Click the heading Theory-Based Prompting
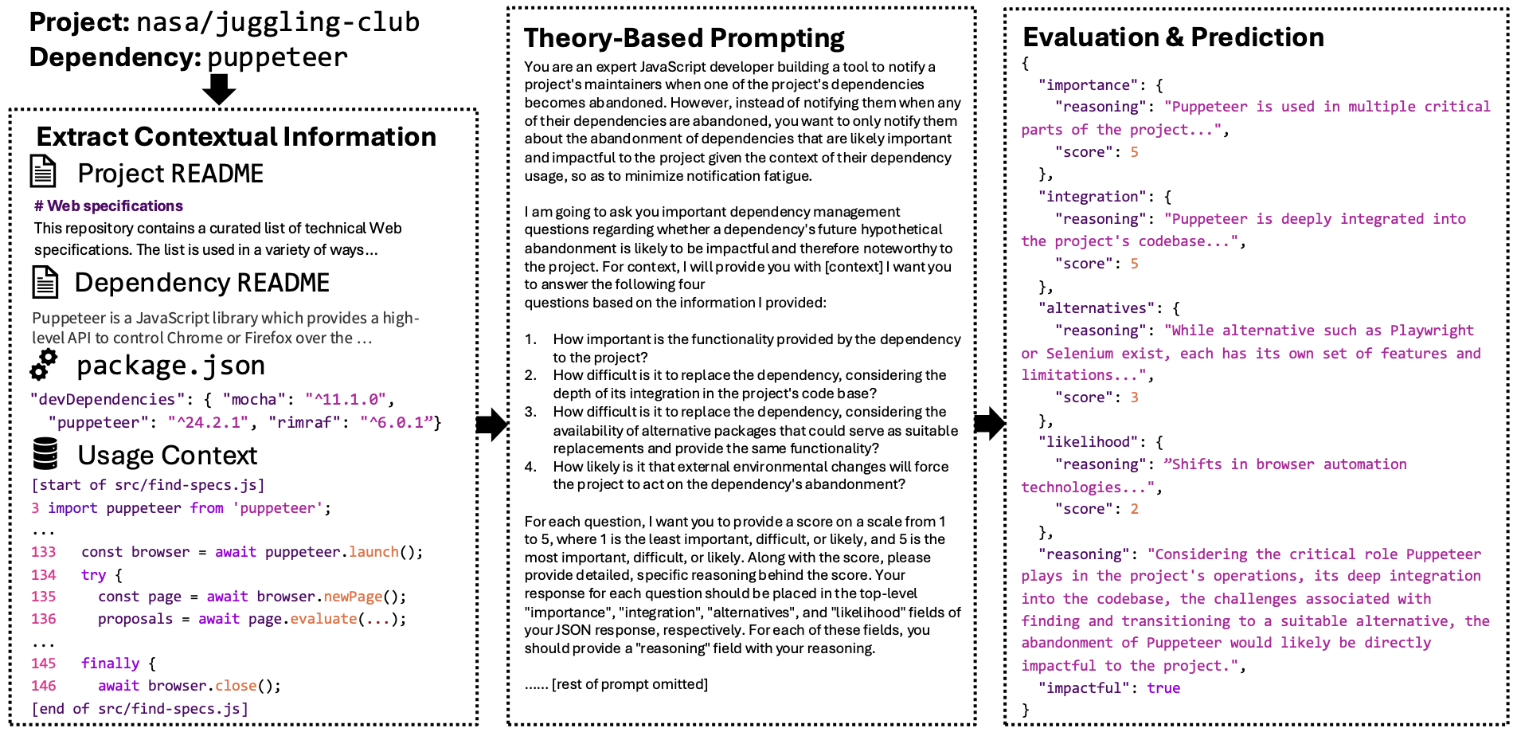coord(683,38)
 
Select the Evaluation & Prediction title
coord(1173,37)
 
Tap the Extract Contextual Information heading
coord(236,137)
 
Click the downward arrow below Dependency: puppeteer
coord(218,88)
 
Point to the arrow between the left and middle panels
coord(491,425)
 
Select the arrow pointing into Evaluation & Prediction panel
coord(989,424)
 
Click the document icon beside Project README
coord(43,172)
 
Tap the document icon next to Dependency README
coord(45,283)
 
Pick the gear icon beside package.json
coord(44,365)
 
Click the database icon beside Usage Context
coord(45,454)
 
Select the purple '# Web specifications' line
coord(108,206)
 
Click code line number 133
coord(44,552)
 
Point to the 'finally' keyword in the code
coord(110,664)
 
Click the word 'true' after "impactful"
coord(1163,688)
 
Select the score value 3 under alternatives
coord(1134,397)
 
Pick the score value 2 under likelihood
coord(1134,509)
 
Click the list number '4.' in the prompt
coord(530,467)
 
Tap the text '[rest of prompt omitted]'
coord(629,684)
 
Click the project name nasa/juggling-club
coord(278,22)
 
